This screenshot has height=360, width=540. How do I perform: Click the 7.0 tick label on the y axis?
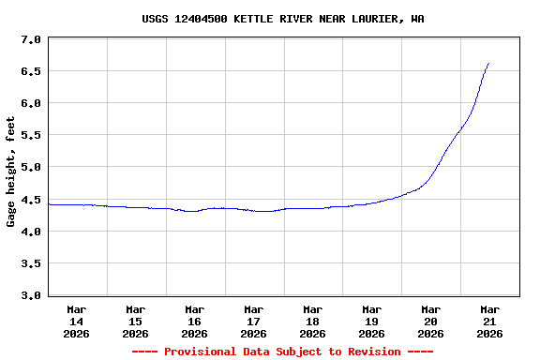[31, 40]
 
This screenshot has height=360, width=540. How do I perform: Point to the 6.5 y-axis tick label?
[31, 71]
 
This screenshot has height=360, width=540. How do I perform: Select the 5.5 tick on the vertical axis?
[31, 135]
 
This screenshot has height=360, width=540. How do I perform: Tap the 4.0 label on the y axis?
[31, 232]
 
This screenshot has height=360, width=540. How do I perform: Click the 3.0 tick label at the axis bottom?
[31, 295]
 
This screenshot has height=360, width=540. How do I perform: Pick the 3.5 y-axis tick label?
[31, 263]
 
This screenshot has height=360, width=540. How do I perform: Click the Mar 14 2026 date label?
[77, 322]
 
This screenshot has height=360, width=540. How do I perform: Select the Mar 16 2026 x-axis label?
[195, 322]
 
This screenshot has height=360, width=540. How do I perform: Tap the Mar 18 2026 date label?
[313, 322]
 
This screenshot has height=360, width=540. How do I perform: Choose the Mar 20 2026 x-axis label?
[431, 322]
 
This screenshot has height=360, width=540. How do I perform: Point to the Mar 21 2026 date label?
[490, 322]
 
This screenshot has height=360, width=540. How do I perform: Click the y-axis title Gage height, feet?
[11, 172]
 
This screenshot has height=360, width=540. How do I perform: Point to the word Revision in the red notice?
[372, 352]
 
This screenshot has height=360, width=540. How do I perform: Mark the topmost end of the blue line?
[488, 63]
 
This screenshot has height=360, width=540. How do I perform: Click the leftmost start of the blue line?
[49, 204]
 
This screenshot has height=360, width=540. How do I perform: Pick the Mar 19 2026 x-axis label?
[372, 322]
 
